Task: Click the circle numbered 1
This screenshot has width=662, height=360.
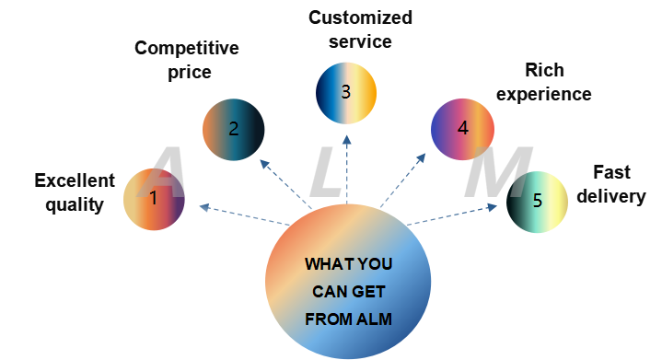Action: coord(154,199)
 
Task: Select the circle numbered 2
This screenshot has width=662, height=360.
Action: coord(233,130)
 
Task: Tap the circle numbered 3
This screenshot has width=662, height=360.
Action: coord(345,92)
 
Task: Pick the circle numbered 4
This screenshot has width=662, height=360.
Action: coord(462,129)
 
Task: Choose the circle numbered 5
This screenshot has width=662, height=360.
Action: coord(538,201)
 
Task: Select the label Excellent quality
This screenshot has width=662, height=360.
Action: coord(74,192)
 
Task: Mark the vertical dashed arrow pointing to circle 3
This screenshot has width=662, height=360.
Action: coord(347,170)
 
